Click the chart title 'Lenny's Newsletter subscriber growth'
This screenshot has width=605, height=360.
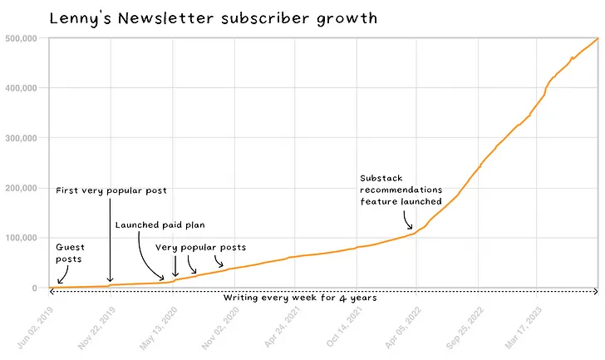214,18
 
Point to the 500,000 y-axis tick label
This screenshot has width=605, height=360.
22,38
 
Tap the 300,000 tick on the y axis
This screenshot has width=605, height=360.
22,138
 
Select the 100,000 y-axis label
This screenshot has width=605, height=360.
22,238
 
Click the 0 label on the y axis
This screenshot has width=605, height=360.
35,288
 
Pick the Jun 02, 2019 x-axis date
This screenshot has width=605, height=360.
35,328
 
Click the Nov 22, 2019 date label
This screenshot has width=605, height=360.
96,328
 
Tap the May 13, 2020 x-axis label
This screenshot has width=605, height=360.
158,328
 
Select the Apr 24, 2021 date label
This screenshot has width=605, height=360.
282,327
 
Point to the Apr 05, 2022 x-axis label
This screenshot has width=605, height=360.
403,328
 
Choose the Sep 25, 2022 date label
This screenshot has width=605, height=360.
465,328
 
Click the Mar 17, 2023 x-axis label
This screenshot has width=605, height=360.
524,328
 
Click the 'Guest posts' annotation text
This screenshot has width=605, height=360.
70,253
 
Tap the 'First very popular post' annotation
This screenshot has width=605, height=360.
111,190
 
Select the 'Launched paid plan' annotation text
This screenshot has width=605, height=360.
160,225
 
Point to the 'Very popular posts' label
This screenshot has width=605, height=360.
200,247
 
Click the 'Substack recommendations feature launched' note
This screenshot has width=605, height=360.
401,190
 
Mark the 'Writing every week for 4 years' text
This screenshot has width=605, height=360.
300,298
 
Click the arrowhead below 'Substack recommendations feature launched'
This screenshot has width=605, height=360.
410,226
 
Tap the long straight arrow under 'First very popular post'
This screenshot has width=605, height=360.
110,240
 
